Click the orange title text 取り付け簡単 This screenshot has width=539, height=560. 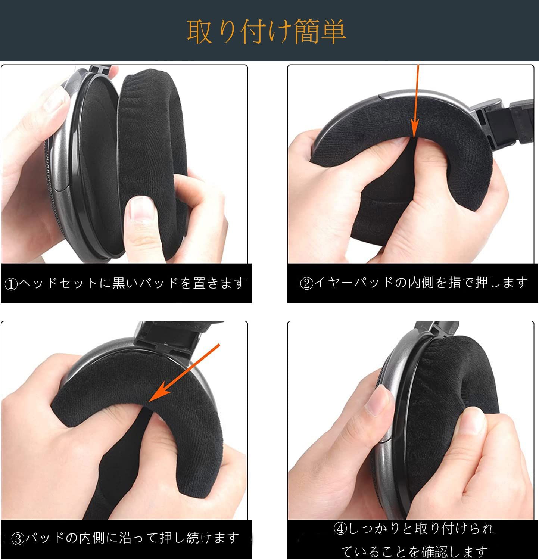pyautogui.click(x=266, y=32)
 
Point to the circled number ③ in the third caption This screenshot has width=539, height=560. pyautogui.click(x=18, y=538)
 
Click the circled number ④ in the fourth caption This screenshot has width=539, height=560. pyautogui.click(x=340, y=529)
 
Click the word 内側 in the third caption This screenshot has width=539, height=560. pyautogui.click(x=92, y=538)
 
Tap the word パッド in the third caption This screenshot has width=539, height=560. pyautogui.click(x=45, y=538)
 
